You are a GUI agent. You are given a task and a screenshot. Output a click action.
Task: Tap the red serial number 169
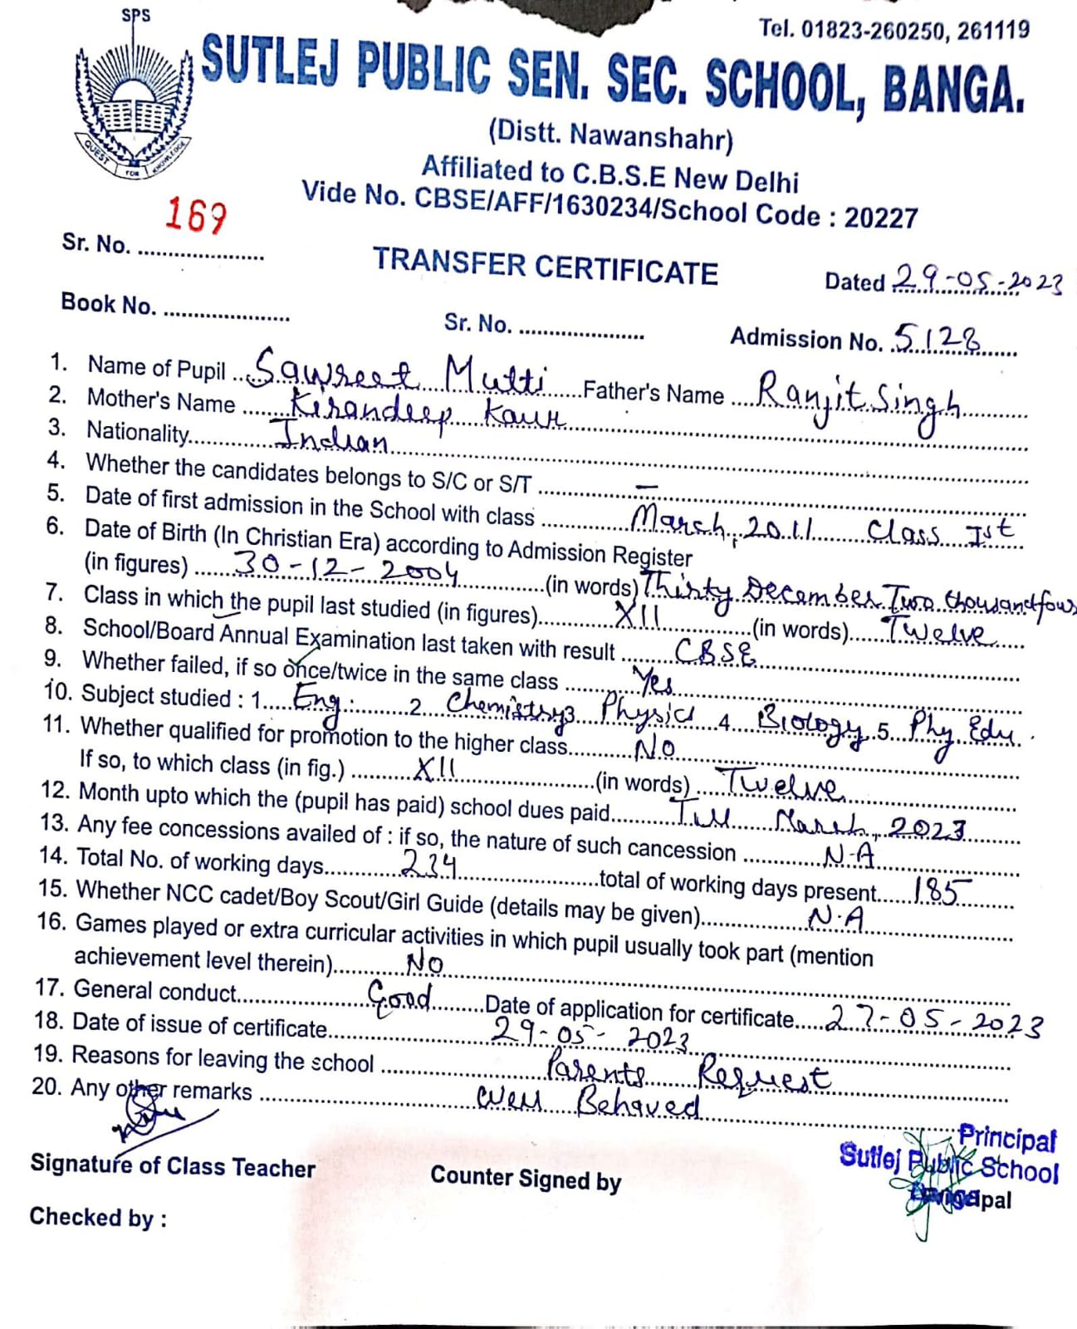194,215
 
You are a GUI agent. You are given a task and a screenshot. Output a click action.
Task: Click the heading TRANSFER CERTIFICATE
545,267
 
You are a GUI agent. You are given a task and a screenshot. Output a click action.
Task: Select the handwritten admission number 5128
936,337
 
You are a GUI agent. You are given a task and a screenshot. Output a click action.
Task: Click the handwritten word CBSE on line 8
715,653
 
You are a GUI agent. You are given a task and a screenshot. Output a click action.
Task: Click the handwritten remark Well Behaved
589,1103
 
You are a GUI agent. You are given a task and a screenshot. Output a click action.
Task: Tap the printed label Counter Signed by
526,1179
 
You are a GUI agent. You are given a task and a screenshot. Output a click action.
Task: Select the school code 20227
881,218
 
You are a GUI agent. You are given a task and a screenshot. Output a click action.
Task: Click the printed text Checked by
98,1218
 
